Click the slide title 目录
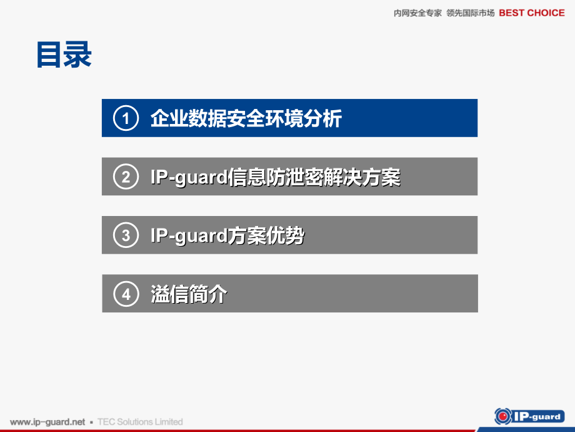[x=64, y=54]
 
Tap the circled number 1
[x=126, y=118]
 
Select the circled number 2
[x=126, y=177]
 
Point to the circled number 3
[x=126, y=235]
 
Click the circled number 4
[x=126, y=294]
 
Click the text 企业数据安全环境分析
[x=246, y=118]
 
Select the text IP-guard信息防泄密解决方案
[x=275, y=177]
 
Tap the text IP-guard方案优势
[x=227, y=235]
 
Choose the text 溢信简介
[x=189, y=294]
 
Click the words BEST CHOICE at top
[x=531, y=13]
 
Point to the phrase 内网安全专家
[x=417, y=13]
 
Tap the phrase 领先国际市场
[x=471, y=13]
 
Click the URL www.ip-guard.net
[x=47, y=422]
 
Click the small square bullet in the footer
[x=91, y=423]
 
